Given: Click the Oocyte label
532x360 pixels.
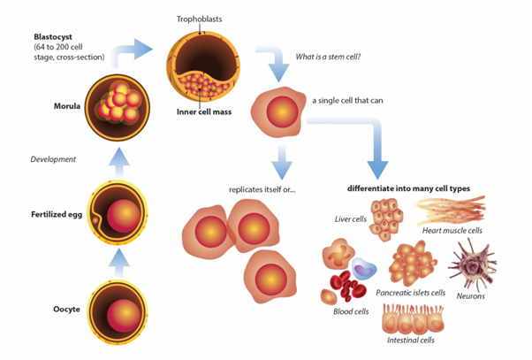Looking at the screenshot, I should tap(60, 310).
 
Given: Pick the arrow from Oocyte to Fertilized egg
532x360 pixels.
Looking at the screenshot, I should tap(123, 262).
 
